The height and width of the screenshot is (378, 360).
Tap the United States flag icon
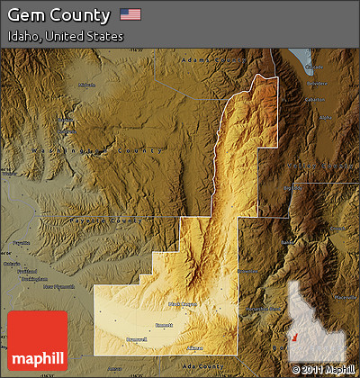(130, 14)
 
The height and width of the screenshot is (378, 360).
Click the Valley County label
(315, 166)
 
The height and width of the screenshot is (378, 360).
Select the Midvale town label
(86, 85)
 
